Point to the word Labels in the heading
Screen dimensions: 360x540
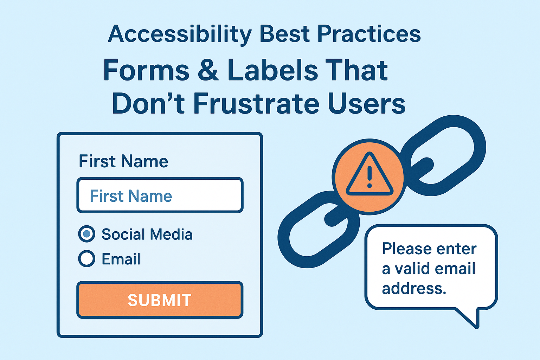(x=272, y=70)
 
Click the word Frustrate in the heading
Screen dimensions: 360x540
(x=256, y=104)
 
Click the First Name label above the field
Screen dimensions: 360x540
(x=123, y=161)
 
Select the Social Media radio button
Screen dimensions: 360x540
(x=86, y=234)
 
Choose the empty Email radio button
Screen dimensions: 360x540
(x=86, y=259)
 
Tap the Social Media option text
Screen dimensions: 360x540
(x=147, y=234)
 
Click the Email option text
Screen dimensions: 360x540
(x=121, y=259)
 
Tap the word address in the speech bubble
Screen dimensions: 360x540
(x=414, y=289)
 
